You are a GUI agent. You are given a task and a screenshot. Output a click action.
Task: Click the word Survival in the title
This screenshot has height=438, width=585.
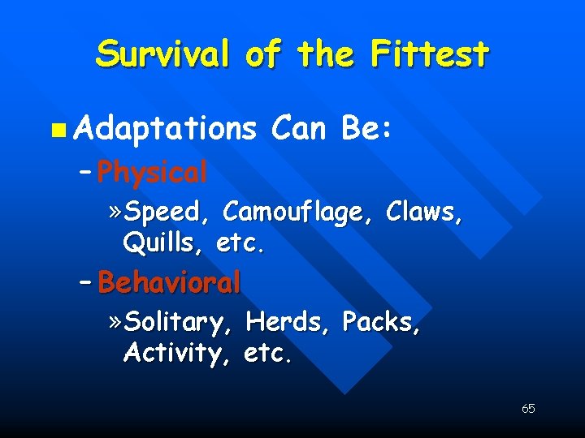[162, 54]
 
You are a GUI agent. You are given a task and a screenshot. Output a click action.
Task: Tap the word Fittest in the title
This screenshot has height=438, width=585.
[430, 54]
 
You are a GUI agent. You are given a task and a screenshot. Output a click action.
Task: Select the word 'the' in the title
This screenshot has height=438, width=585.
[325, 54]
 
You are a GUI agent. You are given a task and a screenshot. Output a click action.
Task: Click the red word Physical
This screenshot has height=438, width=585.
[152, 172]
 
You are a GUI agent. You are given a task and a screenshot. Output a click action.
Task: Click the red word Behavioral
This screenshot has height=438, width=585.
[170, 282]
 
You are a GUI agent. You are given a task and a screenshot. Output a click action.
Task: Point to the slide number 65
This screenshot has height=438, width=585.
[528, 409]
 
